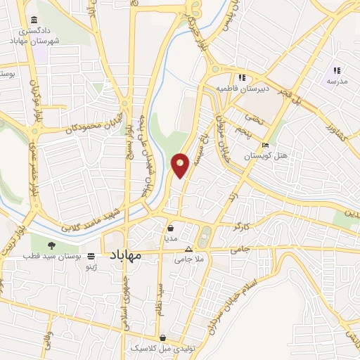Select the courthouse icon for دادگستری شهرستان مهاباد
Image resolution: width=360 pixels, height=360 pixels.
pos(34,22)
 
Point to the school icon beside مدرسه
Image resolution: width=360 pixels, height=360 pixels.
pos(337,70)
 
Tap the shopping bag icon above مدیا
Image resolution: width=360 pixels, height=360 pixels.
pos(171,228)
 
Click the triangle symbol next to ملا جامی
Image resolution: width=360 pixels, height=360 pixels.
pos(188,250)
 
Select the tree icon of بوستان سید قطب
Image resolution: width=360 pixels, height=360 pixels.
pos(51,245)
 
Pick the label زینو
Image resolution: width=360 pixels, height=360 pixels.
pos(91,268)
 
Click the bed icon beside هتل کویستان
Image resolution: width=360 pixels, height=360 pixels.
pos(264,146)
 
